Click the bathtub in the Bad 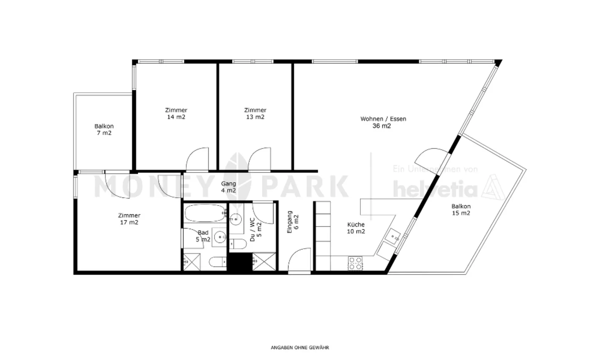pyautogui.click(x=204, y=213)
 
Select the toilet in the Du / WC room pyautogui.click(x=239, y=244)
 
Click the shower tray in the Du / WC pyautogui.click(x=264, y=262)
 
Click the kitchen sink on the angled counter pyautogui.click(x=392, y=237)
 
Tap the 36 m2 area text pyautogui.click(x=382, y=126)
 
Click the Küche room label pyautogui.click(x=356, y=225)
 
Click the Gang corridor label pyautogui.click(x=228, y=184)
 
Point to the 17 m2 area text pyautogui.click(x=129, y=222)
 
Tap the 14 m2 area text pyautogui.click(x=176, y=117)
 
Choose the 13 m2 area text pyautogui.click(x=255, y=117)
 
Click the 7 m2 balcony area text pyautogui.click(x=104, y=133)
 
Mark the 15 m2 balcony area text pyautogui.click(x=461, y=213)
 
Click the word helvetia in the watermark pyautogui.click(x=435, y=190)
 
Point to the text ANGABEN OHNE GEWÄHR pyautogui.click(x=300, y=347)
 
